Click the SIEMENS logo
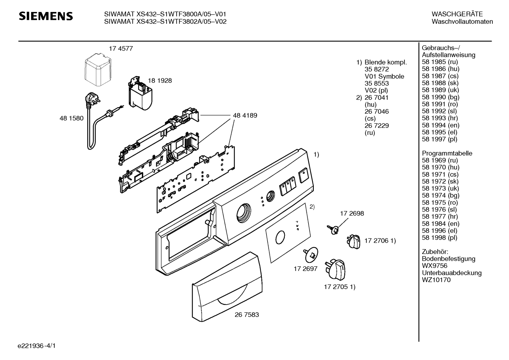(46, 16)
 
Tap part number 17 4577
(121, 49)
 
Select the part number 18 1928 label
(160, 81)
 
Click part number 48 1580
(71, 118)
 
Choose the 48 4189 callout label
(245, 115)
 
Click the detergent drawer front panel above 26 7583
(227, 287)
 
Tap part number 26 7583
(246, 315)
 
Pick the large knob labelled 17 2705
(335, 270)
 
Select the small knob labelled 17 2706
(353, 242)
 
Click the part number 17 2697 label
(305, 269)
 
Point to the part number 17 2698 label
(352, 213)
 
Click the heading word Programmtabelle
(447, 153)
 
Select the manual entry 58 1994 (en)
(441, 125)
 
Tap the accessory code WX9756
(435, 266)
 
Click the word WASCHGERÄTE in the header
(457, 14)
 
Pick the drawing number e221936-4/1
(37, 346)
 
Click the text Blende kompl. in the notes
(385, 62)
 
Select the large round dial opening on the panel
(244, 213)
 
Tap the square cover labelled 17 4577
(98, 70)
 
